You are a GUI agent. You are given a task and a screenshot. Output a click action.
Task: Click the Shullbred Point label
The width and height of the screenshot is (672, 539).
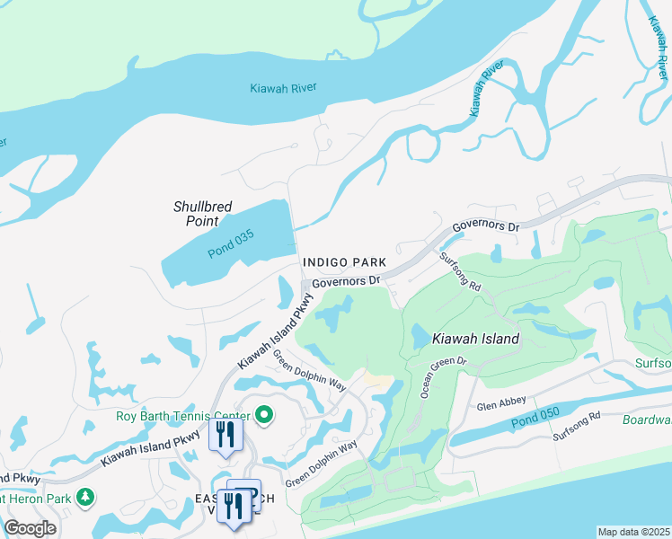pos(202,213)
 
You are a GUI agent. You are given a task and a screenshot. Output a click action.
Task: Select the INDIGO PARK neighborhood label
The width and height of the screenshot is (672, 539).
pos(344,262)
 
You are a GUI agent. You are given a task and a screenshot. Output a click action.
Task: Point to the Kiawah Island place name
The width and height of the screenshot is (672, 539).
pos(475,339)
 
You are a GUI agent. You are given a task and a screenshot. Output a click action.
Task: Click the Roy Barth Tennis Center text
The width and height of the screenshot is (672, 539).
pos(183,416)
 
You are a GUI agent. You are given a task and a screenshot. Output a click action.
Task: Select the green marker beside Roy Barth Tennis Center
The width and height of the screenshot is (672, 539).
pos(264,415)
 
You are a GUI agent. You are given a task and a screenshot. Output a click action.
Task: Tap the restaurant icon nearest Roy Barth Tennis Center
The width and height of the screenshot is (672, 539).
pos(224,436)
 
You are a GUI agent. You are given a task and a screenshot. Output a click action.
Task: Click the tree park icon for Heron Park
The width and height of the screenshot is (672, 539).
pos(85,497)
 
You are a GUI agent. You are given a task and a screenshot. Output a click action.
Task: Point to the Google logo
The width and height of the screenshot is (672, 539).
pos(30,528)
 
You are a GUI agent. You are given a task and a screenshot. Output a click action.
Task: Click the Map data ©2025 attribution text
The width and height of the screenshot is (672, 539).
pos(633,532)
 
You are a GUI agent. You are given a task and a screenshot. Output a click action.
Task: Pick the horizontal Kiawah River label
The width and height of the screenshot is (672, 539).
pos(285,87)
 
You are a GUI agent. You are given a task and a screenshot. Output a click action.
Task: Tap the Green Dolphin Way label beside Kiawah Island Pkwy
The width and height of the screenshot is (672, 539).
pos(309,371)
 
